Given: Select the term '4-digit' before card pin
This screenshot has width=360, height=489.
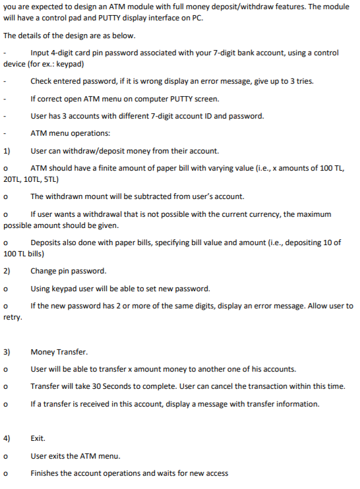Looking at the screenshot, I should (63, 53).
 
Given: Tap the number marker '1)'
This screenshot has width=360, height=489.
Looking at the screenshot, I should (7, 150).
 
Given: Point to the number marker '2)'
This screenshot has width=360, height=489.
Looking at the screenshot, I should (7, 271).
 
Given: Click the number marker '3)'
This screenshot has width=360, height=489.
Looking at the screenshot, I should (7, 351).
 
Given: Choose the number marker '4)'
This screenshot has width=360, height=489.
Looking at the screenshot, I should (7, 438).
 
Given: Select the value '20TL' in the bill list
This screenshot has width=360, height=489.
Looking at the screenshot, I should (13, 179).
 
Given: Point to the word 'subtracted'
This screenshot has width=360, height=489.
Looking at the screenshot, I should (148, 196).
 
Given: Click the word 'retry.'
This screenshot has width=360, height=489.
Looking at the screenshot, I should (13, 317).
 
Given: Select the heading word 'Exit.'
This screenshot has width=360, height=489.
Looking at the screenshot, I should (38, 438).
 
